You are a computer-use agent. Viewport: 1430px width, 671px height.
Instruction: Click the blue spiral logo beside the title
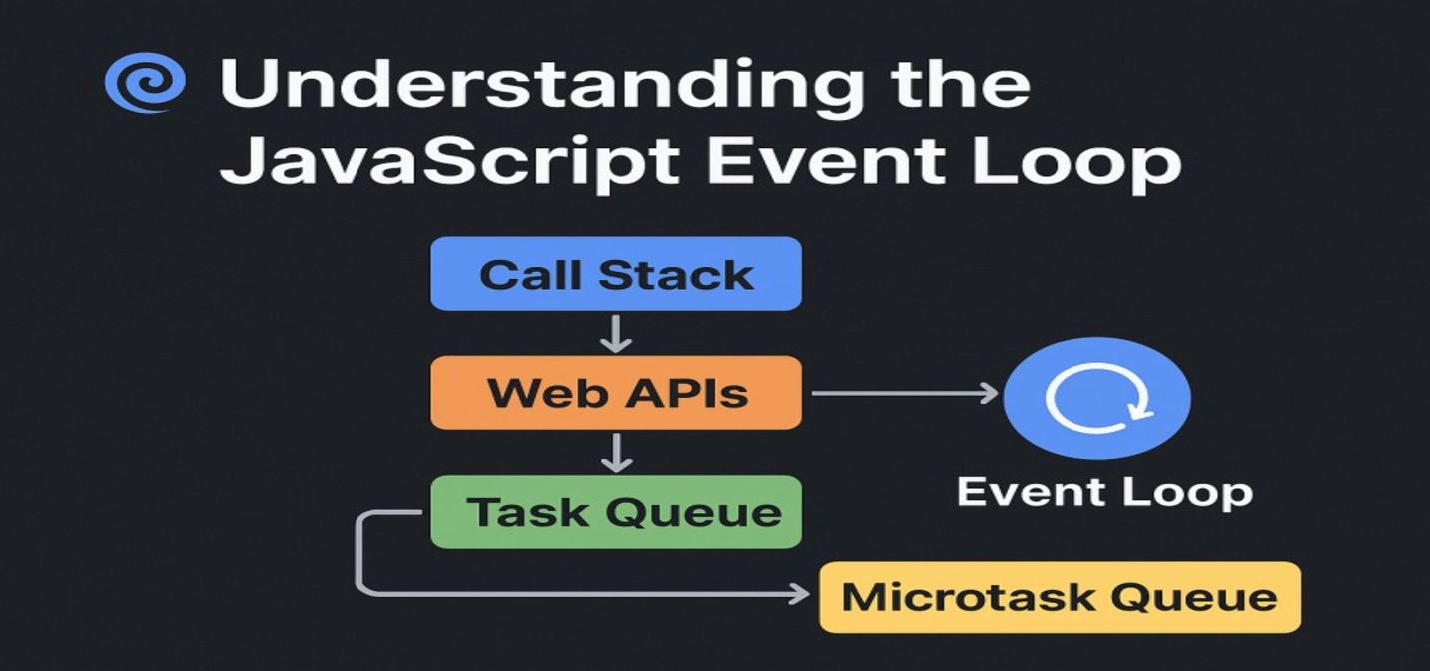[145, 83]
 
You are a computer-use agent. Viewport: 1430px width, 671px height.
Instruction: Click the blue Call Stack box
[615, 274]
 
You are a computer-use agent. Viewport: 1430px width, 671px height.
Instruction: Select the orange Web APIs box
[615, 393]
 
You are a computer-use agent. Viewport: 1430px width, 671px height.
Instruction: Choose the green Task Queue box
[615, 512]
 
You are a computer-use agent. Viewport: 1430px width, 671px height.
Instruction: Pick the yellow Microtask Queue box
[1060, 597]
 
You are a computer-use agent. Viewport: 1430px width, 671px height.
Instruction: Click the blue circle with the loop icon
[1096, 398]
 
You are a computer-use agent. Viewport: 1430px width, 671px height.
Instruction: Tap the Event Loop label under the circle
[1104, 491]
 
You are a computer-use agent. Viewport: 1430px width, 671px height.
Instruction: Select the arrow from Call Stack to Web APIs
[616, 334]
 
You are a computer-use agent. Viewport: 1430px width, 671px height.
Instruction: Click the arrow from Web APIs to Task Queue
[616, 452]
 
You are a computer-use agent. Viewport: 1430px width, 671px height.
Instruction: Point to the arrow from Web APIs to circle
[904, 393]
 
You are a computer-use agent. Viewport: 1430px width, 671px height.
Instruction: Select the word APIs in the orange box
[685, 393]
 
